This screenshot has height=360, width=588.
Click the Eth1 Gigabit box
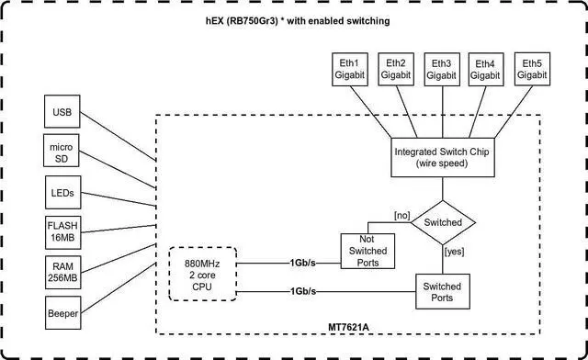pyautogui.click(x=349, y=68)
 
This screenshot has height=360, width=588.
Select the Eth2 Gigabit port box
pyautogui.click(x=397, y=68)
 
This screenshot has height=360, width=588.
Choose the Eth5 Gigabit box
pyautogui.click(x=532, y=68)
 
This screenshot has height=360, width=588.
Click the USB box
pyautogui.click(x=62, y=113)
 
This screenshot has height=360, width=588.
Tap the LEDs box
pyautogui.click(x=62, y=194)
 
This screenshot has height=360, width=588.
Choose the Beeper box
pyautogui.click(x=62, y=312)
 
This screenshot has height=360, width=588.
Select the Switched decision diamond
pyautogui.click(x=443, y=221)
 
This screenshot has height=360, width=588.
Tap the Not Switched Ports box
pyautogui.click(x=367, y=249)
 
